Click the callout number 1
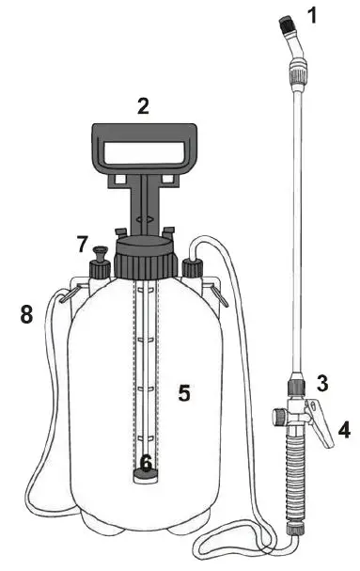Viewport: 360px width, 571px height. pyautogui.click(x=314, y=15)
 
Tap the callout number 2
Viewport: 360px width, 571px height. pyautogui.click(x=143, y=106)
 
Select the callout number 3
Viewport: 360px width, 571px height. pyautogui.click(x=321, y=383)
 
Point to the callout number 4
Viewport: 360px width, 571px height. pyautogui.click(x=344, y=431)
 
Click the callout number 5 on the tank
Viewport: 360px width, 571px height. pyautogui.click(x=185, y=392)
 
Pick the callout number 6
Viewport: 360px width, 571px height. pyautogui.click(x=146, y=463)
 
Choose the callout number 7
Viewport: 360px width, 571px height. pyautogui.click(x=82, y=245)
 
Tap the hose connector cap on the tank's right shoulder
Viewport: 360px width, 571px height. pyautogui.click(x=193, y=270)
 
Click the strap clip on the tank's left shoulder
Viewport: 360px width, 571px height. pyautogui.click(x=65, y=295)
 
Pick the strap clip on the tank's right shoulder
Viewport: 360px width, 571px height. pyautogui.click(x=220, y=295)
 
